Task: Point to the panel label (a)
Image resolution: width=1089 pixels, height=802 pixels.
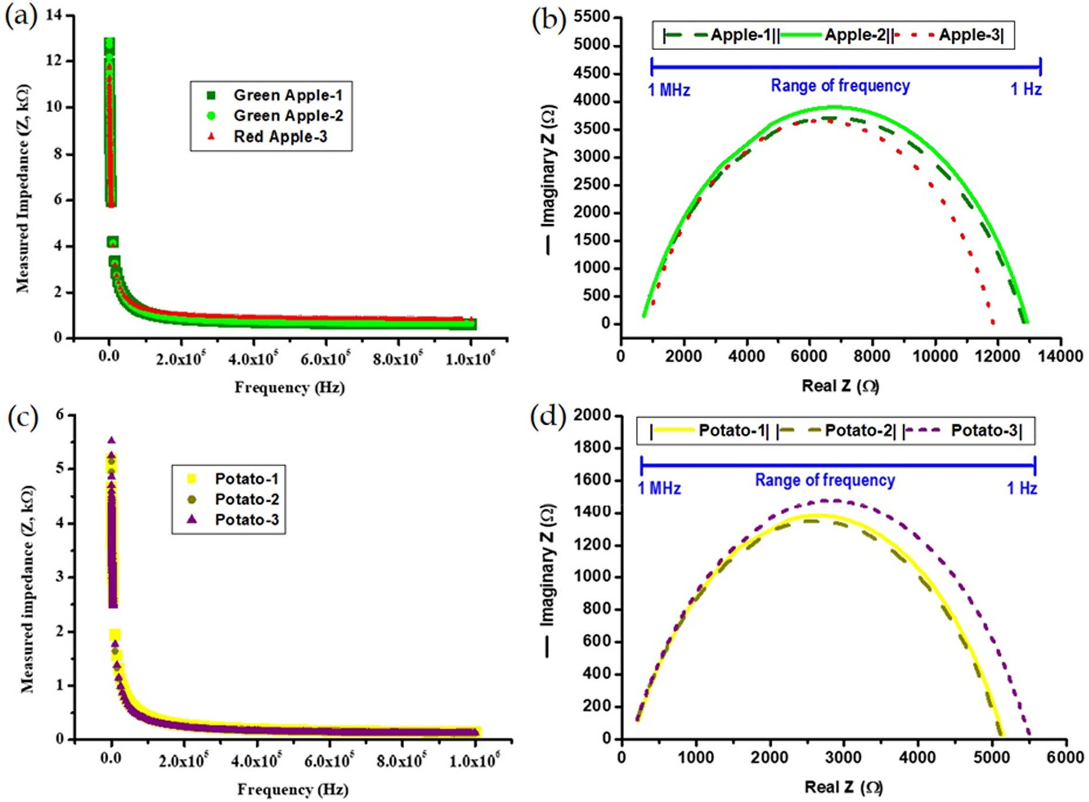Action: coord(21,16)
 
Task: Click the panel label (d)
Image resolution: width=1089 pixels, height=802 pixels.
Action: coord(547,417)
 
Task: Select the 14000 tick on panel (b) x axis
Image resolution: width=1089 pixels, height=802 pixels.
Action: coord(1060,356)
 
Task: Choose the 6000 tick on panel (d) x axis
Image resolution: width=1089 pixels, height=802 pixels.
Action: coord(1065,758)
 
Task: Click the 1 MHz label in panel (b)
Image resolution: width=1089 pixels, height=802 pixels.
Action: coord(668,90)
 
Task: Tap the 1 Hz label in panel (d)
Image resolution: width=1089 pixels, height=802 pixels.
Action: coord(1021,488)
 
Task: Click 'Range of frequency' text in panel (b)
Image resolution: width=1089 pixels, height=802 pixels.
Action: coord(840,86)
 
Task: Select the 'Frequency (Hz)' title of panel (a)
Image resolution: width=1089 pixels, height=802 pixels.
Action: coord(290,388)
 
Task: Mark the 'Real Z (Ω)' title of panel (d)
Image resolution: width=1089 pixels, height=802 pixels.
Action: coord(843,787)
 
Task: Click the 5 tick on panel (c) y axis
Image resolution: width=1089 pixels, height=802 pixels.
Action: coord(59,469)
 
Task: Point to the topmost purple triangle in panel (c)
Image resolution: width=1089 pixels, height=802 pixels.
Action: coord(111,441)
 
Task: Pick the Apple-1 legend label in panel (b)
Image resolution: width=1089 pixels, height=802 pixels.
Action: coord(743,35)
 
